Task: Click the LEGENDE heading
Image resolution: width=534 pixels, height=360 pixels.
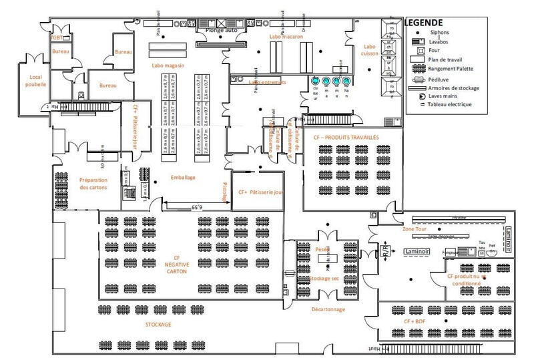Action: (x=423, y=23)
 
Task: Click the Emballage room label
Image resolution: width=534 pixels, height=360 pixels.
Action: (x=184, y=177)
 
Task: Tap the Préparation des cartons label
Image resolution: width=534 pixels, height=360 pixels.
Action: (x=94, y=183)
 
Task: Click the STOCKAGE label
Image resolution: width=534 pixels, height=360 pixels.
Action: (x=158, y=325)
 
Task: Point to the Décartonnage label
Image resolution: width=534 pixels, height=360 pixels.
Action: (x=327, y=309)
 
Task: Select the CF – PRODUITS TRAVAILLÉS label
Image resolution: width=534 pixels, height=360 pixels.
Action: (x=346, y=137)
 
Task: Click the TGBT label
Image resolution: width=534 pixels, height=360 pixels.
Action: (x=58, y=38)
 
